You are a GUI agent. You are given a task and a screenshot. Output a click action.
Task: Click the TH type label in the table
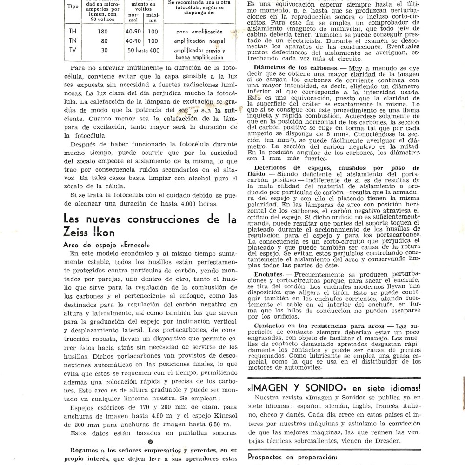point(73,32)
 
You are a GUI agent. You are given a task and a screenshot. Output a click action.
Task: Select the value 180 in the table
point(103,32)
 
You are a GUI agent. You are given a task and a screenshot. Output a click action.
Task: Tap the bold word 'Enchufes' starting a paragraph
point(265,274)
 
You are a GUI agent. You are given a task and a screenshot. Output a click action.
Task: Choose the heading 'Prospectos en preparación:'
point(292,457)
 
